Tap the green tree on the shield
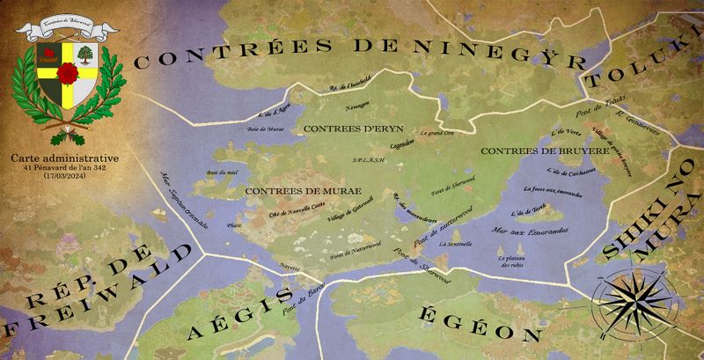84,55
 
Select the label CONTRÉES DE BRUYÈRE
545,151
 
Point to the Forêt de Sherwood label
448,186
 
